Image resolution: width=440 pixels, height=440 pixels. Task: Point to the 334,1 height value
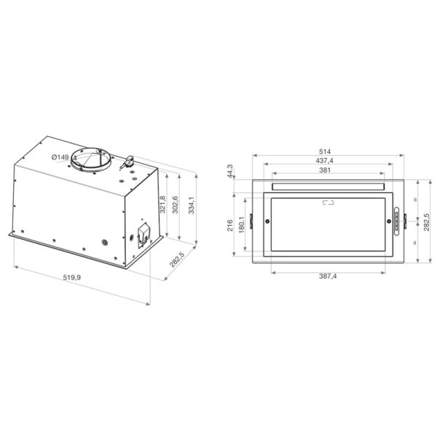[192, 208]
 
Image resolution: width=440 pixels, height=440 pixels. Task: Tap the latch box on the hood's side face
[141, 232]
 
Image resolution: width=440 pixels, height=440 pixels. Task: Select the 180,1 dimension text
[241, 224]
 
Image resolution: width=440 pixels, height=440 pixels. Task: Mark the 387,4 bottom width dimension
[328, 276]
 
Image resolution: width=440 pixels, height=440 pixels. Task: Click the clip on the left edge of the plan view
[251, 220]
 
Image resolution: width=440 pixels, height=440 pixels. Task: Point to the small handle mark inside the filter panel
[327, 205]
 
